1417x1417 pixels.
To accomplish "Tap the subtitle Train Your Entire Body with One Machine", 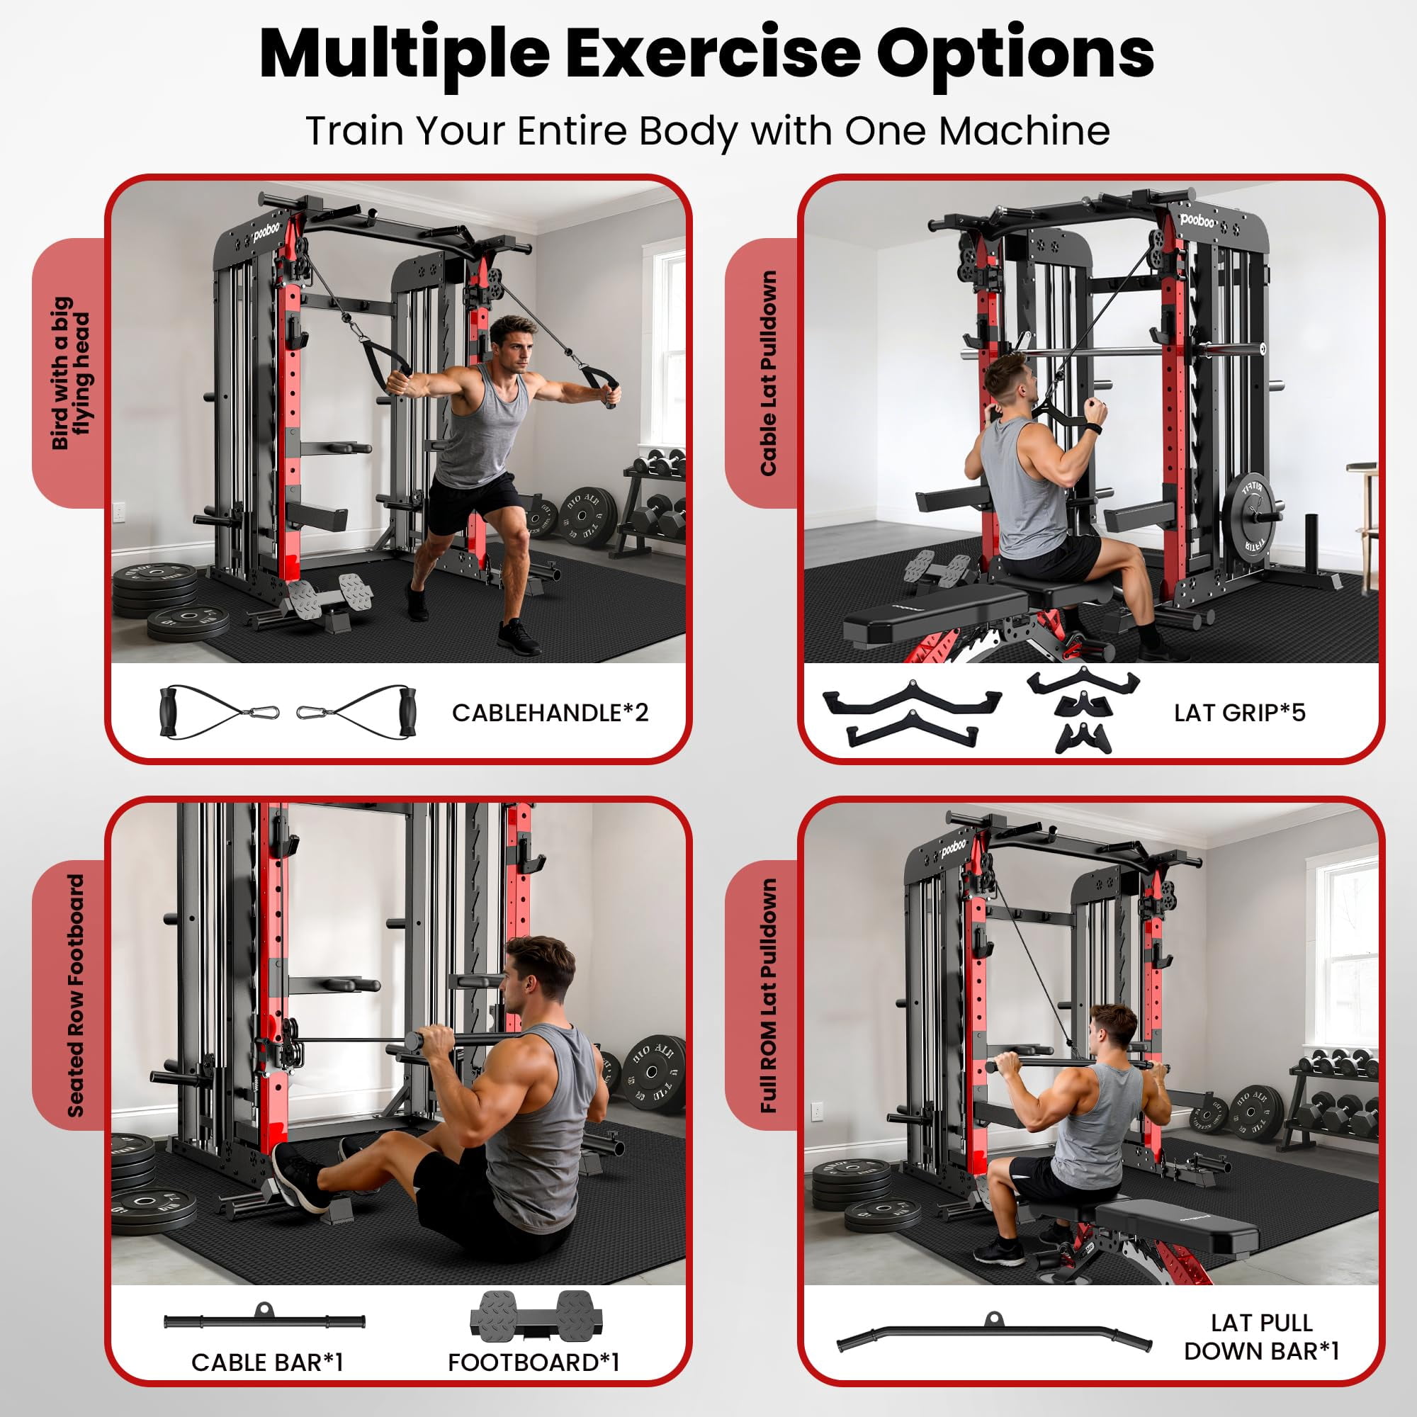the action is coord(708,131).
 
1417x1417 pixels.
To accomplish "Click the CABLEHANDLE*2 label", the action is coord(550,713).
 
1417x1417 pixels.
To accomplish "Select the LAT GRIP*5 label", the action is coord(1239,713).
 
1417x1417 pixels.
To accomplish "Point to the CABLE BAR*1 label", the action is coord(267,1362).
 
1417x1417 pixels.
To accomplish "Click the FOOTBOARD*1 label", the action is coord(534,1362).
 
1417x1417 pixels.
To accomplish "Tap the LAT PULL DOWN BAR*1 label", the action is coord(1262,1336).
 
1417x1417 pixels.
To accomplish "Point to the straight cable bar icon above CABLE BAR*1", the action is coord(264,1320).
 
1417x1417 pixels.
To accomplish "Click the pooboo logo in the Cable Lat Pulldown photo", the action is coord(1197,220).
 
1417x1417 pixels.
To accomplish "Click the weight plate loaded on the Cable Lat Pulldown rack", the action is coord(1254,516).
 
